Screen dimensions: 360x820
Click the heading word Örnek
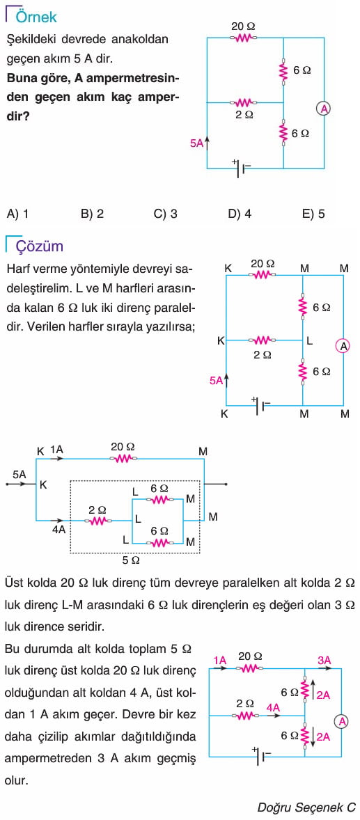click(x=36, y=17)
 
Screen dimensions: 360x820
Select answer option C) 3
click(x=165, y=214)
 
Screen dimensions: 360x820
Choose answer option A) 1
click(x=18, y=214)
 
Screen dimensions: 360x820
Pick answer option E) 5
click(x=313, y=214)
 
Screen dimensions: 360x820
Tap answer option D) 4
click(x=240, y=214)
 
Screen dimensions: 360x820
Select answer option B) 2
click(x=92, y=214)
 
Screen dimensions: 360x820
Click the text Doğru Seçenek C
click(x=306, y=806)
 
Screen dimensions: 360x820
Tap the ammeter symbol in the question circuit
click(x=324, y=109)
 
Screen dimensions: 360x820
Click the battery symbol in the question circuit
click(x=242, y=168)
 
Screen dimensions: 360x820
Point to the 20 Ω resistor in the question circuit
click(x=244, y=38)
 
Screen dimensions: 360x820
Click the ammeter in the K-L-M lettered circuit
click(x=343, y=346)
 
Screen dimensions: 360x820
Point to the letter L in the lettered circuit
click(x=310, y=341)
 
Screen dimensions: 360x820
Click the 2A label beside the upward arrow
click(x=323, y=695)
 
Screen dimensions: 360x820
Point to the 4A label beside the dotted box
click(x=58, y=529)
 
